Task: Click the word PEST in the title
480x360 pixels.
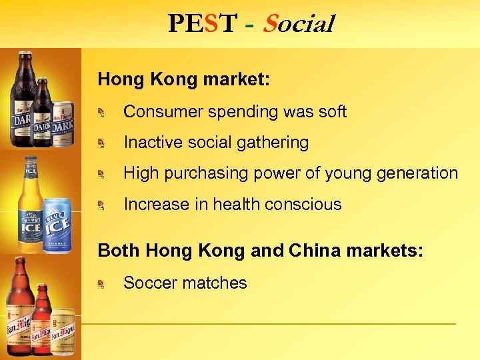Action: pyautogui.click(x=202, y=24)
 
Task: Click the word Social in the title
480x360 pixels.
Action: pyautogui.click(x=298, y=24)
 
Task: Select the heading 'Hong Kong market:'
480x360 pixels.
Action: pyautogui.click(x=184, y=79)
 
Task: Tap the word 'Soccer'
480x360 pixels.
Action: pyautogui.click(x=151, y=283)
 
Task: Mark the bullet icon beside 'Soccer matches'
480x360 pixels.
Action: pyautogui.click(x=101, y=284)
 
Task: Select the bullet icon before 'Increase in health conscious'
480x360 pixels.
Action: pyautogui.click(x=101, y=205)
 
